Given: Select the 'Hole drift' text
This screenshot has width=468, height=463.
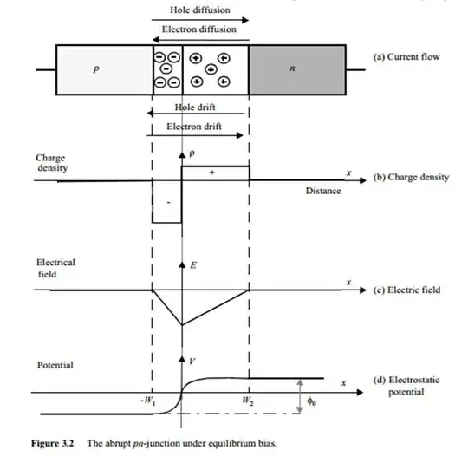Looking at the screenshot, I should pos(196,108).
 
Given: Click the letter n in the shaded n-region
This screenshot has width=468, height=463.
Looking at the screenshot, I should pos(293,70).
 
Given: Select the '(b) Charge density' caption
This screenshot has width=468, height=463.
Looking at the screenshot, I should pos(411,177).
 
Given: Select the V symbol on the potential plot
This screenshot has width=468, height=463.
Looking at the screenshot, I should pos(190,359).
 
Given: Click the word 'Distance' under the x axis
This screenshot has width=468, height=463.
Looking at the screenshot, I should pos(322,190).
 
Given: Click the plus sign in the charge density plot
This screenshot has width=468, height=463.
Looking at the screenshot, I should pos(211,173).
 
